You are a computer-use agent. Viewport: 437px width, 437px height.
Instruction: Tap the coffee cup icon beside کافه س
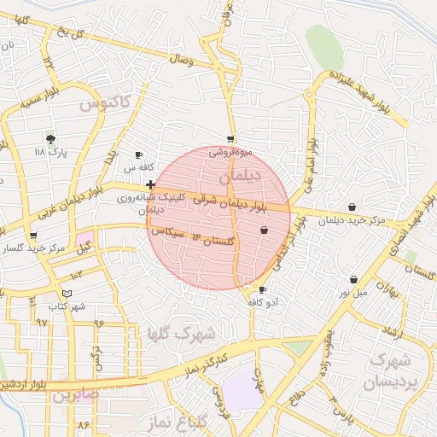[139, 155]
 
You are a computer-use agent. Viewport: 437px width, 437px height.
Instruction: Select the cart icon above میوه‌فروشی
[230, 139]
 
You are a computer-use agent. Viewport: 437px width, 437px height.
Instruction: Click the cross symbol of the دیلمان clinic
[150, 184]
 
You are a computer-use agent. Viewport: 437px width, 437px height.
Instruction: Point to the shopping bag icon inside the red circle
[264, 230]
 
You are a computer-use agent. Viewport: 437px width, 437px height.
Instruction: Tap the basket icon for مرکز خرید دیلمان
[353, 207]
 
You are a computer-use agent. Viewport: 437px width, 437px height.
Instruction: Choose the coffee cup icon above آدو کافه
[262, 290]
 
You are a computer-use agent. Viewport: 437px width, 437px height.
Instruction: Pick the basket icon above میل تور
[353, 279]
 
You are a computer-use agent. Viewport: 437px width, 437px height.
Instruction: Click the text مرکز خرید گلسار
[34, 248]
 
